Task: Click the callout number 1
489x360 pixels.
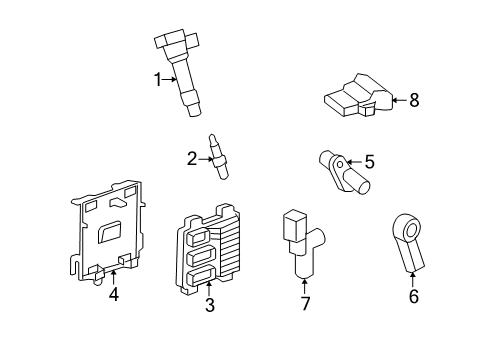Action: [157, 78]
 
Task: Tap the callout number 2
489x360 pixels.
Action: [191, 157]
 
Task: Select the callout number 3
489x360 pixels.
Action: [210, 305]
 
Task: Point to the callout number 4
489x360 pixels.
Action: [114, 294]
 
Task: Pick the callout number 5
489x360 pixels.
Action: [369, 160]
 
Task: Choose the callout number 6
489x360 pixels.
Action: [413, 295]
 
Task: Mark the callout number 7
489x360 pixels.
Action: [306, 303]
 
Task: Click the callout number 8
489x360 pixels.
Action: [414, 99]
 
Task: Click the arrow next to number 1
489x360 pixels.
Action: [169, 78]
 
